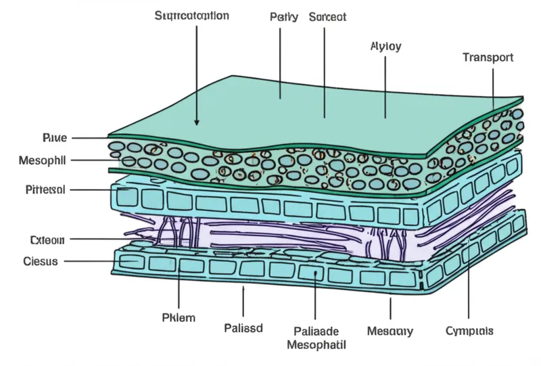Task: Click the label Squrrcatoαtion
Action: [x=191, y=15]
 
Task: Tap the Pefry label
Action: [x=283, y=16]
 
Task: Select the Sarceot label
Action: [x=327, y=16]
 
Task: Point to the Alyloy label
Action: [x=386, y=47]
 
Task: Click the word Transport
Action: [x=488, y=58]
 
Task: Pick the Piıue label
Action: [x=54, y=138]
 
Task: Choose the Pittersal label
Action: [x=43, y=190]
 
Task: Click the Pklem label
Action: [x=179, y=317]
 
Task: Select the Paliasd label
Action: [x=243, y=328]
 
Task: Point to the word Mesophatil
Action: [x=316, y=345]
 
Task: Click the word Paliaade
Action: [x=317, y=331]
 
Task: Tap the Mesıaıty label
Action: [x=390, y=331]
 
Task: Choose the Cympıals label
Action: [x=469, y=331]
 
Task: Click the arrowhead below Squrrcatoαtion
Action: [x=197, y=122]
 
